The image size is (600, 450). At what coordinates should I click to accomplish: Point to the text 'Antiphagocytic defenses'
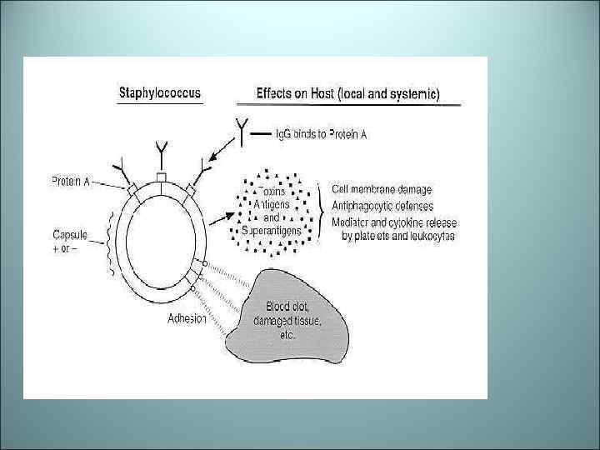pos(387,207)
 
